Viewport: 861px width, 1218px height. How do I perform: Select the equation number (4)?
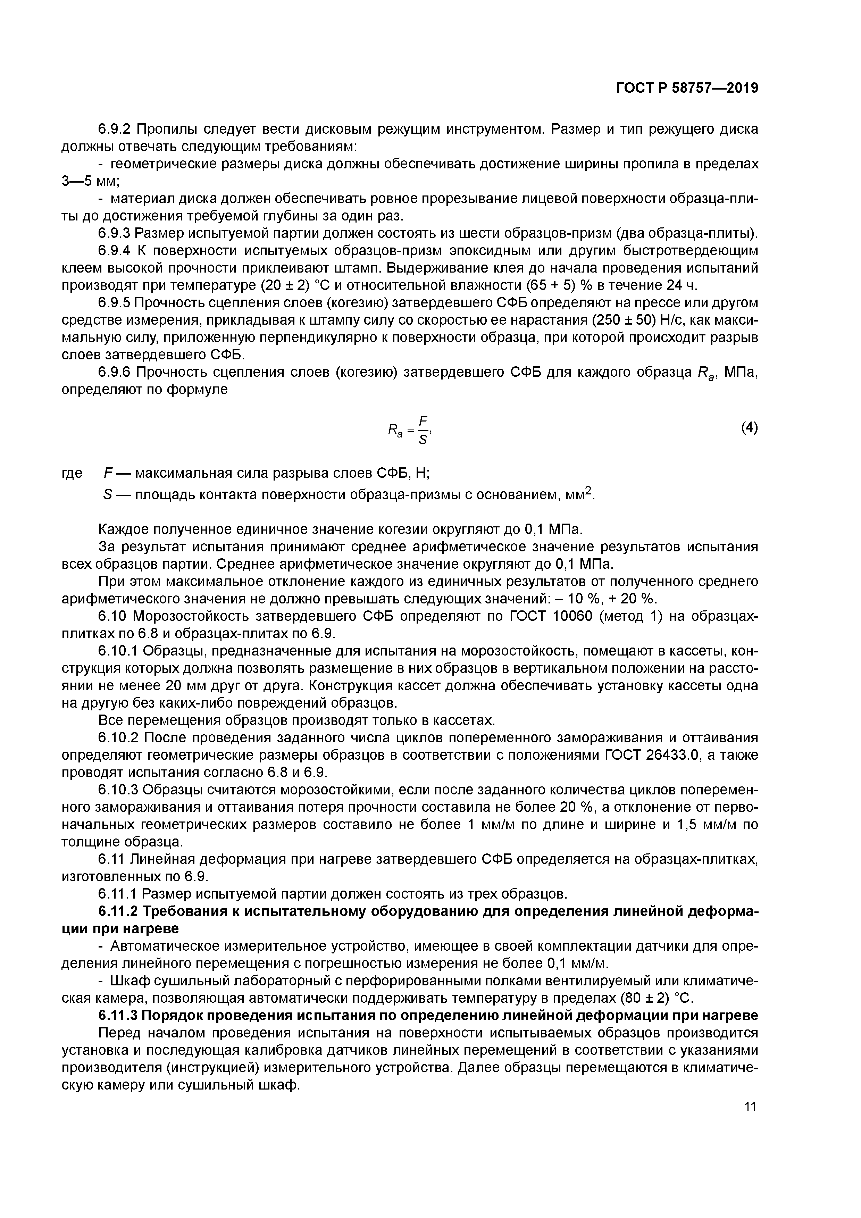click(x=749, y=427)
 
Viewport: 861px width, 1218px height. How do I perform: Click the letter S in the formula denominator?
click(x=423, y=440)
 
